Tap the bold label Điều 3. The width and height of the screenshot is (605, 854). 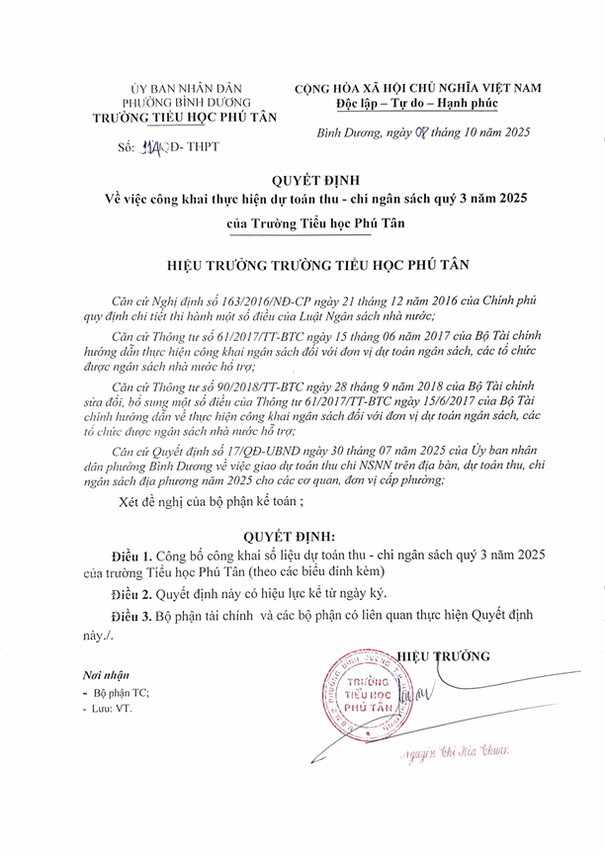tap(137, 615)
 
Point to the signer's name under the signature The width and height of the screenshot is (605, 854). tap(455, 755)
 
